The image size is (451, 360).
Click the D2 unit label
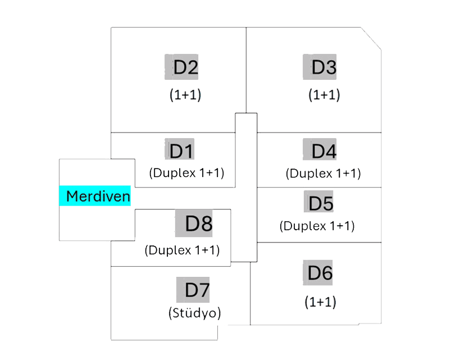point(181,67)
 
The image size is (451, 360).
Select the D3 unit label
point(320,67)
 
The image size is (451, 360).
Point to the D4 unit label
point(320,151)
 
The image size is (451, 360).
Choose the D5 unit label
point(319,203)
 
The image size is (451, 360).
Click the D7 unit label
point(193,290)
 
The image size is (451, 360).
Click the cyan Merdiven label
point(95,196)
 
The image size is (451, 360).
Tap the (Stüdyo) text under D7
point(194,313)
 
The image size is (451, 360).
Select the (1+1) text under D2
point(185,95)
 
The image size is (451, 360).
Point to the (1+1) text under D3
point(324,95)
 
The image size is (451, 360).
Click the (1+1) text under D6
point(320,302)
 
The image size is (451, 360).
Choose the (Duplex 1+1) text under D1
point(186,173)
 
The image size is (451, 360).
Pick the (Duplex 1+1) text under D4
point(323,174)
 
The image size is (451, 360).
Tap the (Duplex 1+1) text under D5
point(317,226)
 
